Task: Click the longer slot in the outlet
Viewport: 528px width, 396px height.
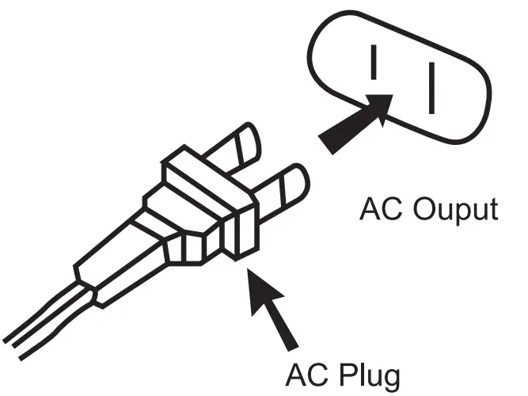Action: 432,88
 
